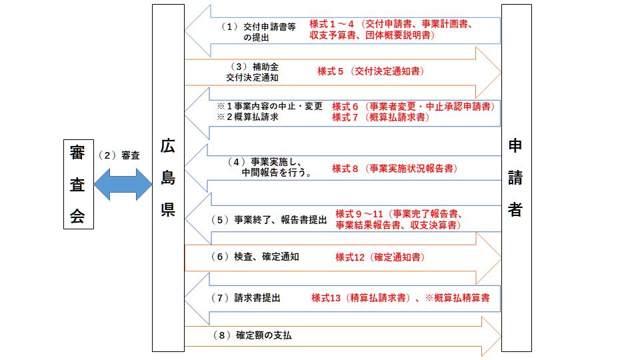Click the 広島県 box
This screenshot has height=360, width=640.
pyautogui.click(x=168, y=178)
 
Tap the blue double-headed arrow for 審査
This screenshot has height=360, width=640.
pyautogui.click(x=123, y=183)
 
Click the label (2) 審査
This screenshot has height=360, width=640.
pyautogui.click(x=119, y=155)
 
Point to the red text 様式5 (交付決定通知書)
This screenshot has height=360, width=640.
pyautogui.click(x=371, y=71)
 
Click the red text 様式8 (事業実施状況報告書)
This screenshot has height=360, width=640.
pyautogui.click(x=395, y=169)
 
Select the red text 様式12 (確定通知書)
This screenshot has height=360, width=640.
pyautogui.click(x=380, y=257)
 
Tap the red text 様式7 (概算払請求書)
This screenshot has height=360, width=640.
pyautogui.click(x=381, y=117)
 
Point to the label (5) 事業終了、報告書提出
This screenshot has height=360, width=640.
pyautogui.click(x=269, y=219)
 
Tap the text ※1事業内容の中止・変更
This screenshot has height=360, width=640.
pyautogui.click(x=269, y=106)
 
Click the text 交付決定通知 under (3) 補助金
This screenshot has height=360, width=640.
pyautogui.click(x=252, y=77)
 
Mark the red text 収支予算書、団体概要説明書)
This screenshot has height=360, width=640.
pyautogui.click(x=373, y=35)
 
